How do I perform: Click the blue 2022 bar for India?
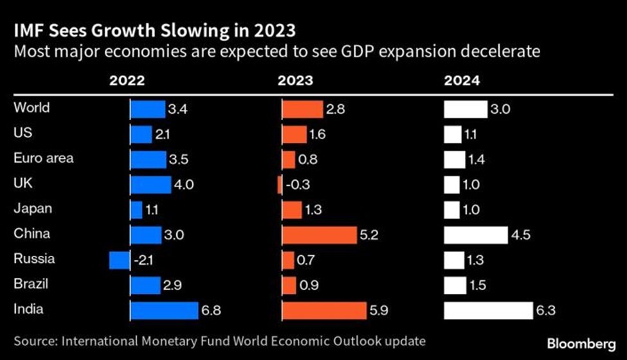[164, 310]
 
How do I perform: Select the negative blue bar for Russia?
[120, 260]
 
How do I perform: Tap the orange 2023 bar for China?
[319, 235]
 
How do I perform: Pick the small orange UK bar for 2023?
[280, 185]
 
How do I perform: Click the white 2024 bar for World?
[466, 109]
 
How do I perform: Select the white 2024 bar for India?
[489, 310]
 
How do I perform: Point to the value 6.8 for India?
[212, 311]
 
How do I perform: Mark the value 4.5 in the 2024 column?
[520, 235]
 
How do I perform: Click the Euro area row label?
[43, 158]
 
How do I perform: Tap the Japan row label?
[33, 208]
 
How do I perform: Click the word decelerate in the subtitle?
[501, 51]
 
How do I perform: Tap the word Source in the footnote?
[33, 339]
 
